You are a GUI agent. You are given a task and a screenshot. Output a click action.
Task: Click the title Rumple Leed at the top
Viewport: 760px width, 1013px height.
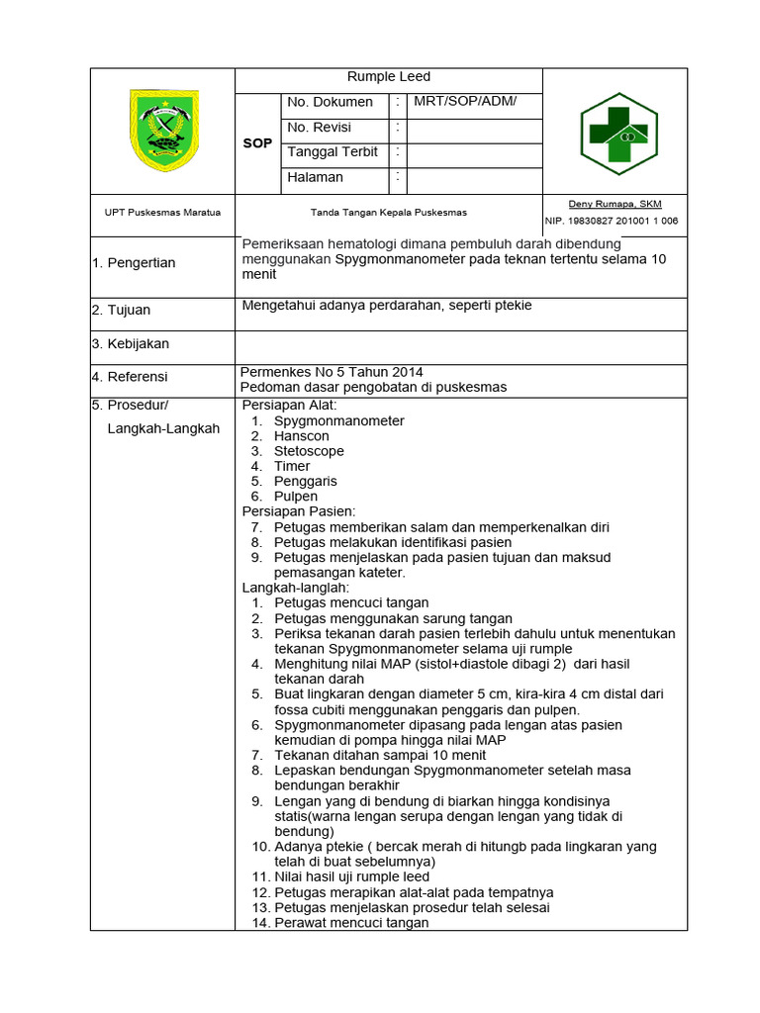pyautogui.click(x=388, y=77)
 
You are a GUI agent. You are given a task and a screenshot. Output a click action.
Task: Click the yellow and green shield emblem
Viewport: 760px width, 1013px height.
pyautogui.click(x=163, y=130)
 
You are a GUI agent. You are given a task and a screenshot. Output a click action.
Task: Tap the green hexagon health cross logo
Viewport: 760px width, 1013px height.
pyautogui.click(x=617, y=132)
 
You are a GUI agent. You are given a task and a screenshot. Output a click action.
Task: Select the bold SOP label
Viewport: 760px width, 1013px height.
pyautogui.click(x=257, y=143)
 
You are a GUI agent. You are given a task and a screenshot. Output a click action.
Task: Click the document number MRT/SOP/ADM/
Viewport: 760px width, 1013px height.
pyautogui.click(x=465, y=102)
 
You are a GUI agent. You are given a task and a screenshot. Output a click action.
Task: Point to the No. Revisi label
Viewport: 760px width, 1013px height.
pyautogui.click(x=319, y=128)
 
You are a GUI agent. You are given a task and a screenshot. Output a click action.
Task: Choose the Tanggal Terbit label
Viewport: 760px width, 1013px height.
pyautogui.click(x=332, y=152)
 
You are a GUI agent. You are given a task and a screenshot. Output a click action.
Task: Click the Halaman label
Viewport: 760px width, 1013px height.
pyautogui.click(x=315, y=177)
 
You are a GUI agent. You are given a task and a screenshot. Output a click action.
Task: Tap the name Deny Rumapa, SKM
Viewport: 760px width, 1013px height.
pyautogui.click(x=615, y=204)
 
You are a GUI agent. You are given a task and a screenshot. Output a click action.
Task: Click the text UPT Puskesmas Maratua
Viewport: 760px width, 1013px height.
pyautogui.click(x=163, y=213)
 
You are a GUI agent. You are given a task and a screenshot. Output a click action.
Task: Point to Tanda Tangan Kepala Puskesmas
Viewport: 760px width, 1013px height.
pyautogui.click(x=388, y=213)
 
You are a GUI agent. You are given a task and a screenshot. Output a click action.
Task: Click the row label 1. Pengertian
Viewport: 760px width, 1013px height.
pyautogui.click(x=134, y=263)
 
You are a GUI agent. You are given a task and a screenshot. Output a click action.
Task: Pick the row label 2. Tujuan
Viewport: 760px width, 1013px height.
pyautogui.click(x=121, y=311)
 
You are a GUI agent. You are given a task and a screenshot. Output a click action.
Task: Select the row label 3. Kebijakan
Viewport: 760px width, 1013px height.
pyautogui.click(x=131, y=344)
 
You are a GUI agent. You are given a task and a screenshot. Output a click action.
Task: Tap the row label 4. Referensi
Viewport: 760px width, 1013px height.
pyautogui.click(x=130, y=377)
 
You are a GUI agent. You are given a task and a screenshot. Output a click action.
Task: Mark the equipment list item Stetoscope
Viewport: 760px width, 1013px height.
pyautogui.click(x=309, y=451)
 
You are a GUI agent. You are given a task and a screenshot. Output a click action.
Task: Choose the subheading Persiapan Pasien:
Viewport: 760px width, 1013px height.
pyautogui.click(x=298, y=511)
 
